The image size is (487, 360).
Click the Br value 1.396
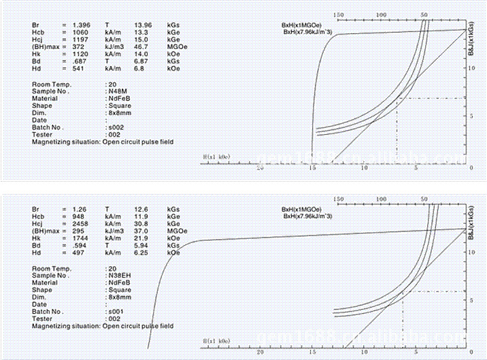click(x=81, y=25)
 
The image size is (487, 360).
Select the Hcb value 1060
click(x=80, y=33)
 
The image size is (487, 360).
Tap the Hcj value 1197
click(x=80, y=39)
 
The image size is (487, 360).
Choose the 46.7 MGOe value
click(x=139, y=47)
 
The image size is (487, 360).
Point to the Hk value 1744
click(x=81, y=238)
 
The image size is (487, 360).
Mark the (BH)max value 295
click(x=78, y=231)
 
